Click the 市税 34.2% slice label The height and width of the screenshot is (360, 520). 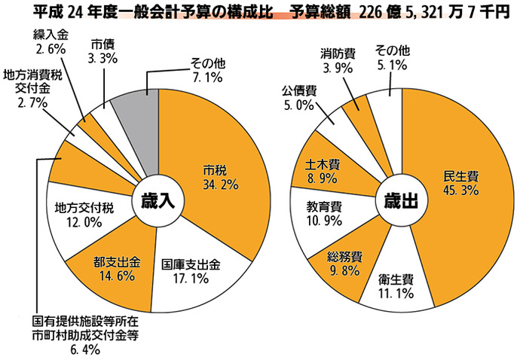(x=220, y=175)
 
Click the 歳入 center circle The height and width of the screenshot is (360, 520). (x=158, y=201)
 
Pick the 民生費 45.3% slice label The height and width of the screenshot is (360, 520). (x=463, y=183)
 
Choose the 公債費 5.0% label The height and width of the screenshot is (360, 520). (x=299, y=98)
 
